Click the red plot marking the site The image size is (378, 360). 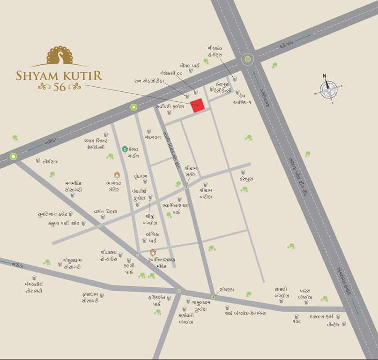coord(198,105)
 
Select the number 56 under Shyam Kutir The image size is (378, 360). coord(59,87)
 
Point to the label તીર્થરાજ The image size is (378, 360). coord(50,161)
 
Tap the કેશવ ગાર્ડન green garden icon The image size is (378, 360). coord(125,149)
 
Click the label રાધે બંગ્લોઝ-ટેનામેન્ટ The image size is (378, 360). coord(245,313)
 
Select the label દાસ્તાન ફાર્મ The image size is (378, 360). coord(321,317)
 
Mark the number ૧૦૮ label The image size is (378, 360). coord(296,322)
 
